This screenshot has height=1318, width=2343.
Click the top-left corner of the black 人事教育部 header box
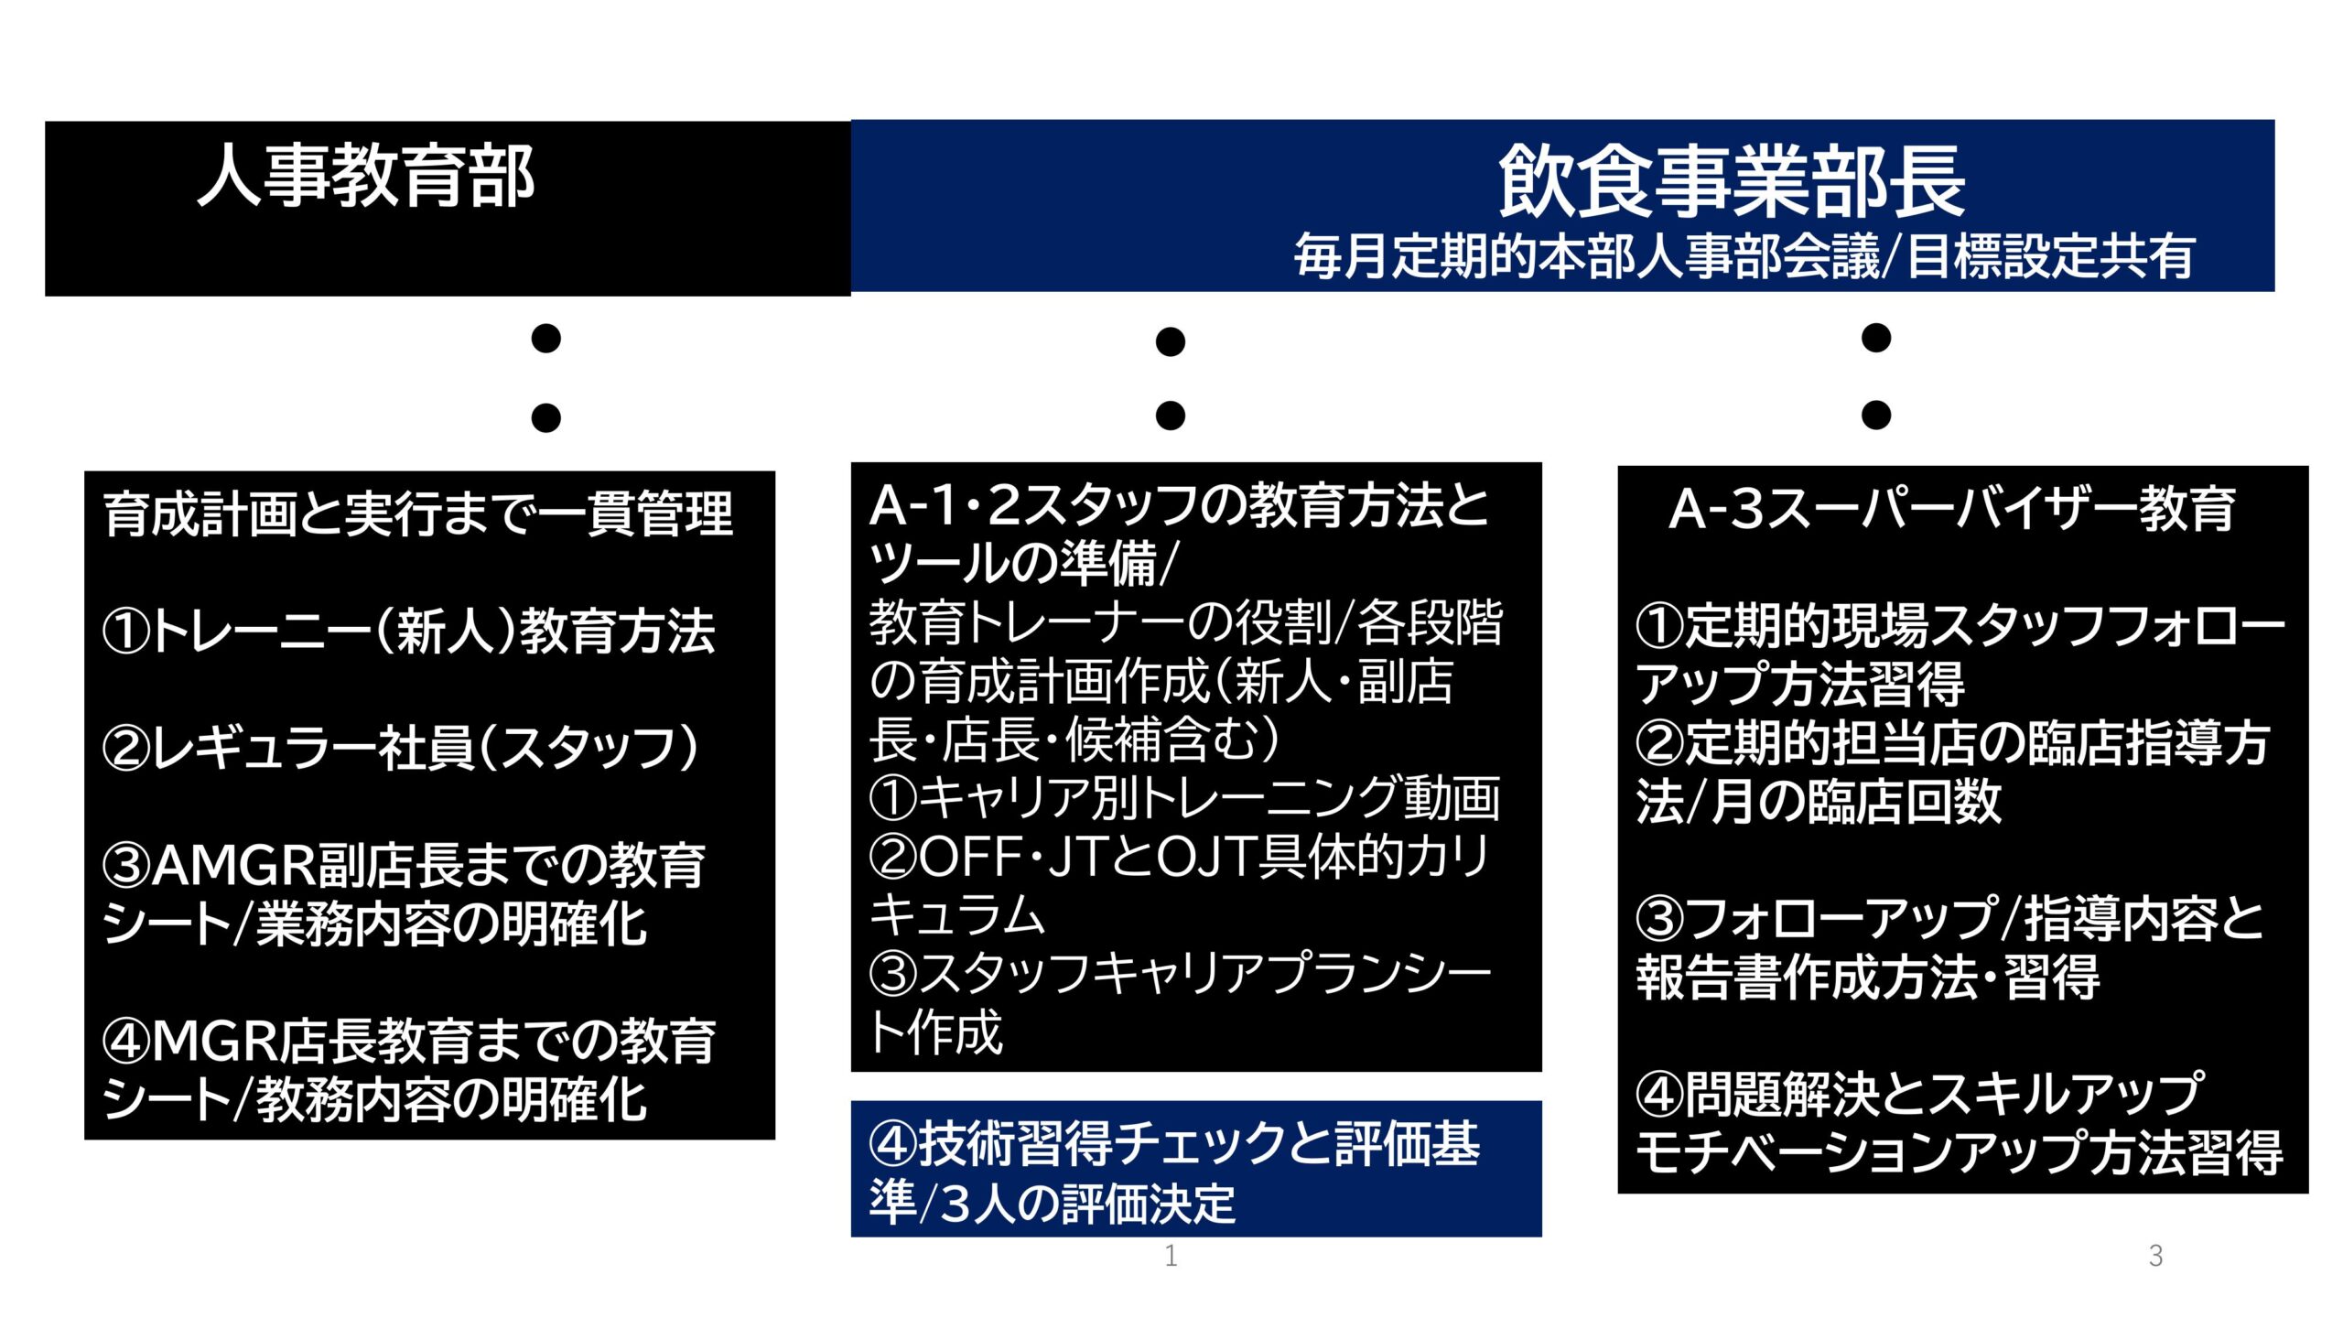(x=45, y=122)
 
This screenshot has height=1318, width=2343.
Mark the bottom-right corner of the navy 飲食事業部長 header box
(x=2275, y=292)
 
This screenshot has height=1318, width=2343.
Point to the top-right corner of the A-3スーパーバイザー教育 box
(x=2309, y=466)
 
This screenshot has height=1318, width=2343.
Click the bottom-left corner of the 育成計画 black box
(x=84, y=1140)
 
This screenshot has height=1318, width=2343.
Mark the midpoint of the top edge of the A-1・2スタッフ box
(x=1196, y=462)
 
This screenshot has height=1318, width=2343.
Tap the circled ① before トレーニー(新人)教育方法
(x=125, y=632)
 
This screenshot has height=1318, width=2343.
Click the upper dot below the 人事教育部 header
(x=546, y=339)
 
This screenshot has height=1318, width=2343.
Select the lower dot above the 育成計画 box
(x=546, y=418)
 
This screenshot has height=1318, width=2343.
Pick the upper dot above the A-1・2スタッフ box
(x=1171, y=342)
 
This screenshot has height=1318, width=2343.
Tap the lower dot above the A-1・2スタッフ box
(x=1171, y=416)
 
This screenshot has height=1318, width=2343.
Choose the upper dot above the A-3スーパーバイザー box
(x=1876, y=338)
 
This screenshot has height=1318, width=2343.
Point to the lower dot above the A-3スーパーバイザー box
(x=1876, y=415)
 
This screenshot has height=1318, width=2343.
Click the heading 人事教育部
(x=366, y=176)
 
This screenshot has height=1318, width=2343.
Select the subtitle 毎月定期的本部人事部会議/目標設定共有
(x=1744, y=256)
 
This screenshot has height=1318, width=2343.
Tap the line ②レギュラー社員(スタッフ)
(x=401, y=748)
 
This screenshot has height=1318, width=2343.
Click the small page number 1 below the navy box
(x=1171, y=1256)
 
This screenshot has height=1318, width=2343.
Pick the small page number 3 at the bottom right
(x=2155, y=1256)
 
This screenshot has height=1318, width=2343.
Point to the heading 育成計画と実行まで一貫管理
(x=418, y=513)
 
